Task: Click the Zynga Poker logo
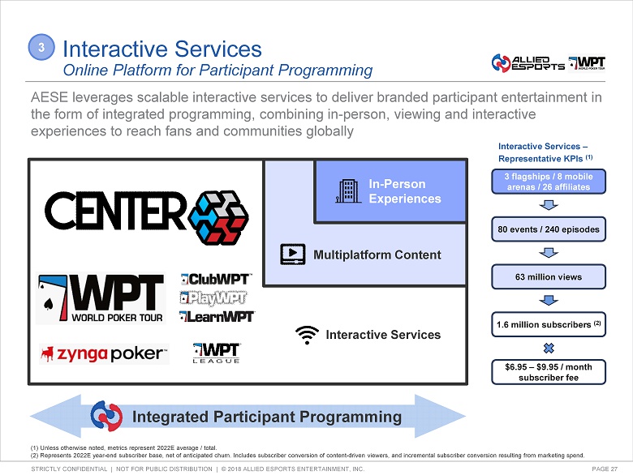[x=104, y=353]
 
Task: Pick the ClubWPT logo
[x=216, y=280]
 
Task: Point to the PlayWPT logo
[x=215, y=297]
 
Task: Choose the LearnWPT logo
[x=217, y=316]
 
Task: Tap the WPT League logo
[x=216, y=353]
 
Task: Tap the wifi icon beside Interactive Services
[x=306, y=334]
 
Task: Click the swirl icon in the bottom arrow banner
[x=106, y=417]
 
